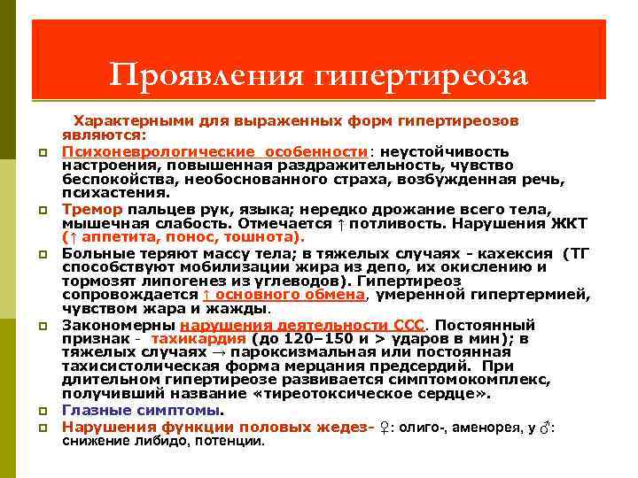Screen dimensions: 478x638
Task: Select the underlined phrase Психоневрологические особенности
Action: point(214,151)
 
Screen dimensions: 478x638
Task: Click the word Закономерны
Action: point(118,325)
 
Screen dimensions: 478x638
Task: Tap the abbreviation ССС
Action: point(408,325)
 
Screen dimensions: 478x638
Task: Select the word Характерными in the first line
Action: point(125,119)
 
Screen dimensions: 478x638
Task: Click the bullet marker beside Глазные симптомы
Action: point(42,412)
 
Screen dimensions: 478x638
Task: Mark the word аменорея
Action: point(487,427)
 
